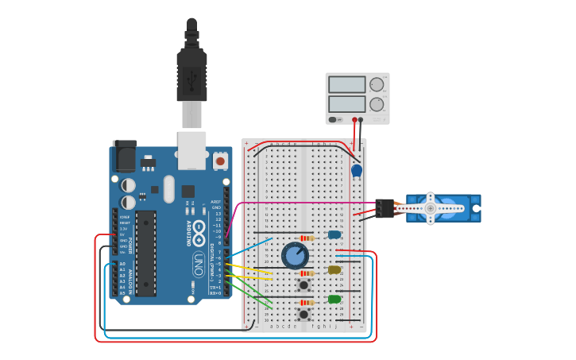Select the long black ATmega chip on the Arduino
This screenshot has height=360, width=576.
[x=145, y=253]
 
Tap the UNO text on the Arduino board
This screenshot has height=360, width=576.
[x=199, y=261]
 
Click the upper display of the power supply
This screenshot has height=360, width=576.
[x=347, y=84]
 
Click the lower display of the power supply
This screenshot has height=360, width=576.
[x=347, y=104]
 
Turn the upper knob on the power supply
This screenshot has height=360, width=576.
[x=377, y=84]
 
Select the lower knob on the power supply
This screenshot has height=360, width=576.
[x=377, y=104]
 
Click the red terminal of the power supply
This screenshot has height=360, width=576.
[x=354, y=120]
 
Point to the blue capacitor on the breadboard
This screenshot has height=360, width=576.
[x=357, y=170]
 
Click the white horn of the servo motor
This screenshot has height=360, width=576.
[x=431, y=208]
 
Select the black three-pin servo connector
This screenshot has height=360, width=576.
[x=385, y=208]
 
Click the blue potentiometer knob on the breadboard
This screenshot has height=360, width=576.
[x=295, y=256]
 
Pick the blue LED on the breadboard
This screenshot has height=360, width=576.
[x=334, y=234]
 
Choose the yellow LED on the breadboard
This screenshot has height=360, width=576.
[x=334, y=270]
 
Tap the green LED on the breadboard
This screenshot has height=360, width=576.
[x=334, y=300]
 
